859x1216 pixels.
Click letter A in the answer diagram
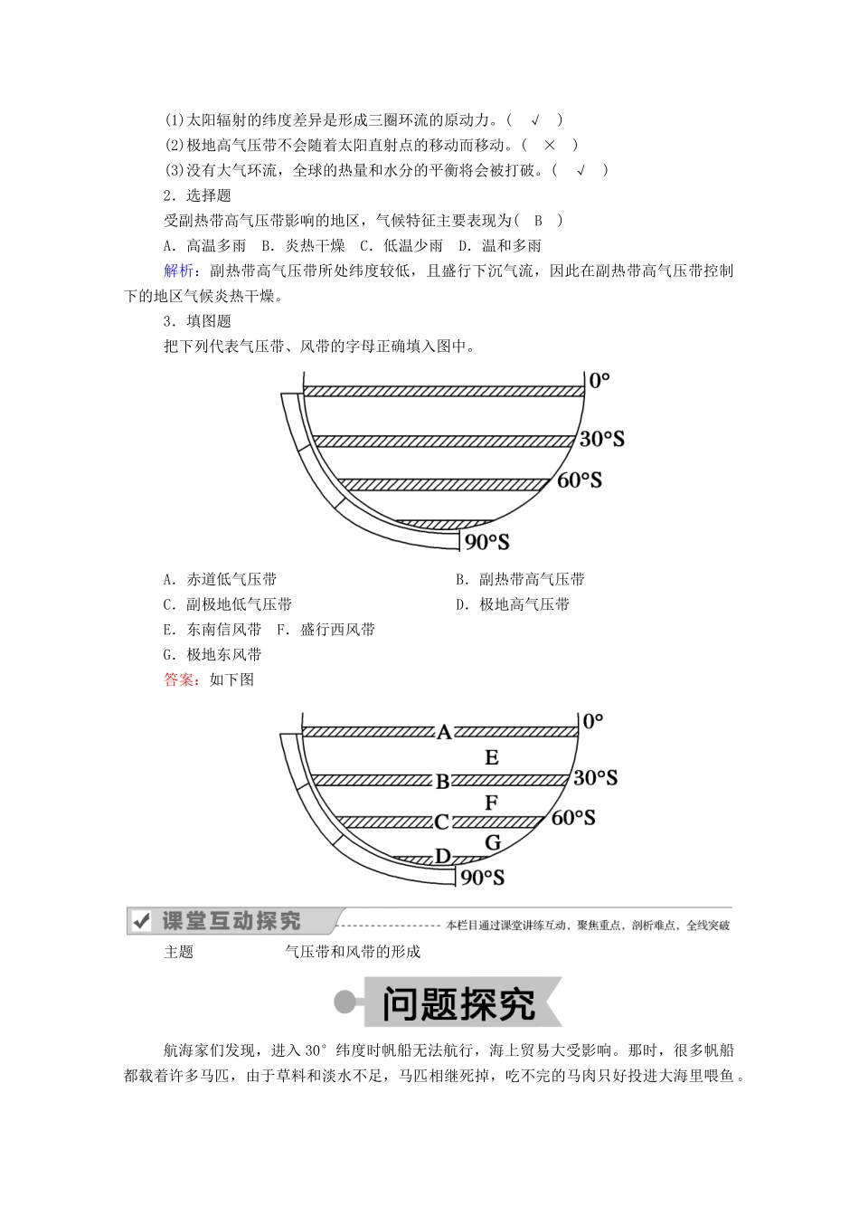pos(444,732)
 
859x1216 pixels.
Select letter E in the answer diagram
pos(492,758)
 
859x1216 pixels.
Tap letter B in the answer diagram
pos(442,781)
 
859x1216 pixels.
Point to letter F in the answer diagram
pos(492,803)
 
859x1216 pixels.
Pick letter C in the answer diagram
pos(441,822)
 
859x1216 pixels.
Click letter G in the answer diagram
pos(493,842)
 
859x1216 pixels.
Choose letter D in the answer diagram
pos(443,856)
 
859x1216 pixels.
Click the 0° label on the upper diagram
pos(599,381)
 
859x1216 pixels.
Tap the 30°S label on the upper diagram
pos(602,439)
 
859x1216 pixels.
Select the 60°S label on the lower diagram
pos(573,818)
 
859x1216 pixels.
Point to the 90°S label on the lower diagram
pos(483,877)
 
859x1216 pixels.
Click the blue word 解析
pos(179,271)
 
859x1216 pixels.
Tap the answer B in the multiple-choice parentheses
pos(538,220)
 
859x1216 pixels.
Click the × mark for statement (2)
pos(549,145)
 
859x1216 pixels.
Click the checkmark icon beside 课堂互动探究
pos(141,921)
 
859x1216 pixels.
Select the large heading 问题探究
pos(458,1003)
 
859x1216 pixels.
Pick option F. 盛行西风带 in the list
pos(326,630)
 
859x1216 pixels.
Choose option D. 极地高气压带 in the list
pos(513,604)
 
